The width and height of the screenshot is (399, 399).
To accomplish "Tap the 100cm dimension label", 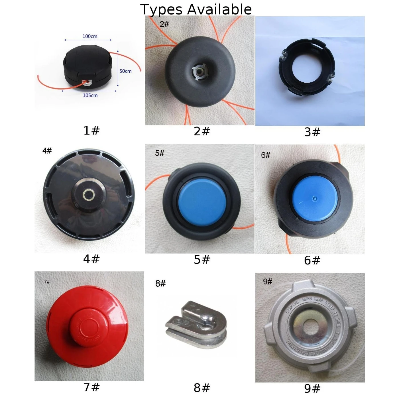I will tap(90, 36).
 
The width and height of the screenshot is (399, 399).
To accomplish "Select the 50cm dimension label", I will tap(125, 71).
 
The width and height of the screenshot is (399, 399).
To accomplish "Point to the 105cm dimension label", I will tap(90, 95).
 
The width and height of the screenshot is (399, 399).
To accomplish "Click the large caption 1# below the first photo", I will tap(91, 131).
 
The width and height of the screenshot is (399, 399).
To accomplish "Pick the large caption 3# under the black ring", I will tap(312, 132).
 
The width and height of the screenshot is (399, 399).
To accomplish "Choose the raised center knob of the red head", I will tap(89, 325).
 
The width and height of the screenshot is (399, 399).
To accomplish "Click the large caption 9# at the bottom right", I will tap(312, 388).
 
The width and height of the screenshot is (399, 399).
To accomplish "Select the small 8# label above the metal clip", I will tap(160, 283).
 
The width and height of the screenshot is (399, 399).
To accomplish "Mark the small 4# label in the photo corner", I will tap(47, 150).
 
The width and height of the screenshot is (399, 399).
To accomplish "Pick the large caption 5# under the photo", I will tap(202, 260).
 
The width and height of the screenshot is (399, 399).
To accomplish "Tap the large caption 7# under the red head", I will tap(91, 387).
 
